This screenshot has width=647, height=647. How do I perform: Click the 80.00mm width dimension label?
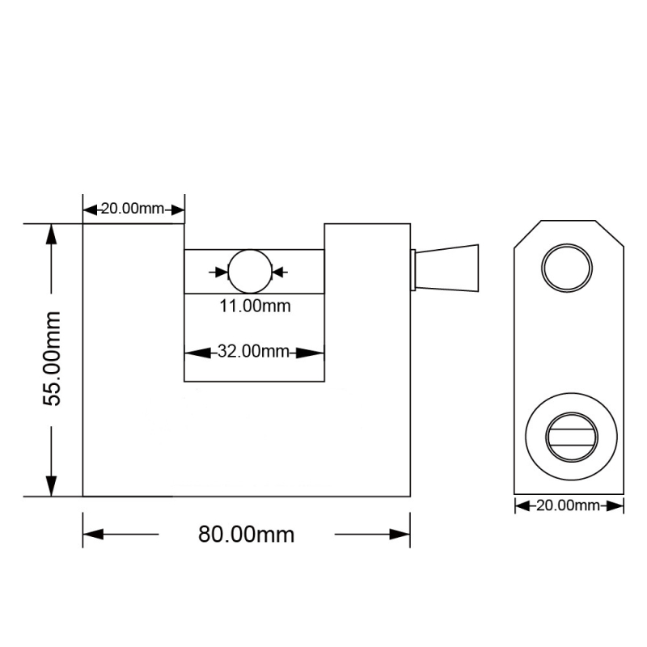tap(246, 535)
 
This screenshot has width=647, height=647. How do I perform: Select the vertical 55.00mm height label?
tap(52, 359)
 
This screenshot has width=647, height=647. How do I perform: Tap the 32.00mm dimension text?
tap(253, 351)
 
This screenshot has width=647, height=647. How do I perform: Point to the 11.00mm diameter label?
tap(255, 307)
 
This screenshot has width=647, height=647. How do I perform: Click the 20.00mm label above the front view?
tap(133, 209)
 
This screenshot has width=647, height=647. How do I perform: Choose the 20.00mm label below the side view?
tap(568, 505)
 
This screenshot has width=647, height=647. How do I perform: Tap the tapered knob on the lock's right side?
tap(447, 269)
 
